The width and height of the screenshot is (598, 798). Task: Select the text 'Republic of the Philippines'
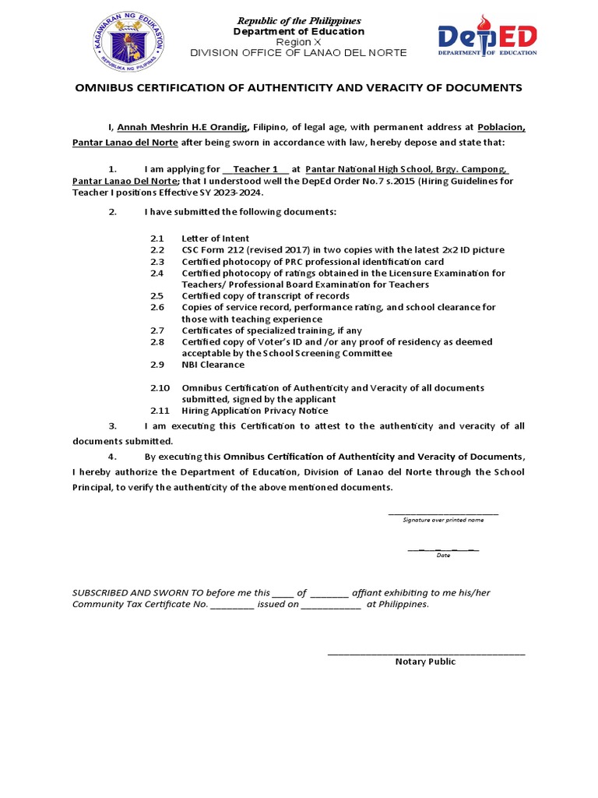click(299, 20)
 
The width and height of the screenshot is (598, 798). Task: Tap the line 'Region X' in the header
click(299, 42)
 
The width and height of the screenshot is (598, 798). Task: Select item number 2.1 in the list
click(157, 238)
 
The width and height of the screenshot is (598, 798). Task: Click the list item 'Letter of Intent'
click(216, 238)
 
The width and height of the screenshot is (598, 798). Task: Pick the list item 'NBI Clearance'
click(213, 364)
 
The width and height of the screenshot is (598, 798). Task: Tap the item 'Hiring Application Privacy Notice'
click(255, 411)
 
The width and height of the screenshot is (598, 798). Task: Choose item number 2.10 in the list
click(160, 387)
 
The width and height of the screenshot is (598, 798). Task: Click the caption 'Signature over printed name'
click(443, 519)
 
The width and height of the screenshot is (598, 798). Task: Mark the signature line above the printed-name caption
click(443, 514)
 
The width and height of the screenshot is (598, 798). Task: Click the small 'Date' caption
click(443, 555)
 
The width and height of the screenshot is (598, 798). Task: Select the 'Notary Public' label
click(425, 662)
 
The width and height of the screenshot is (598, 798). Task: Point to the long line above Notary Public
click(426, 653)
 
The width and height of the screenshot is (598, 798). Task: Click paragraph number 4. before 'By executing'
click(112, 457)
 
